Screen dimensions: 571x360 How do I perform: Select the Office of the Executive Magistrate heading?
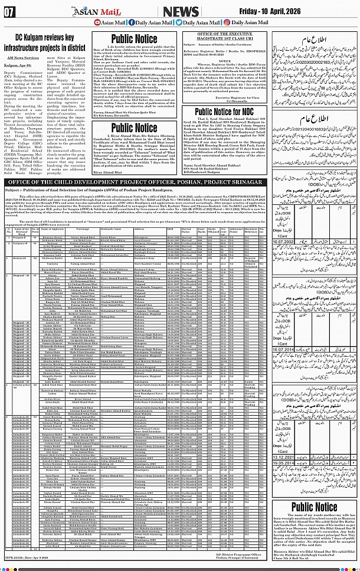229,37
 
